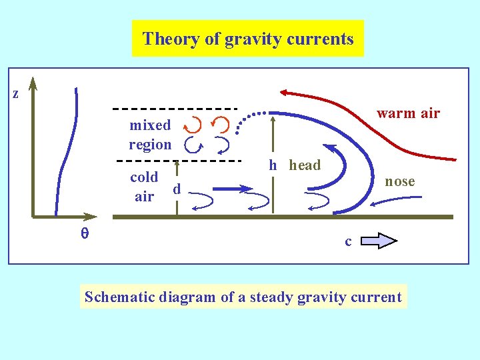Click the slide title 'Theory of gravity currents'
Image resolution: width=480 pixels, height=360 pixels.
[x=248, y=39]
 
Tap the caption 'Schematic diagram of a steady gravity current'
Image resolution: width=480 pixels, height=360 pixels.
[x=243, y=297]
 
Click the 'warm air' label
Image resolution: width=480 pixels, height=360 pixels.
[x=408, y=113]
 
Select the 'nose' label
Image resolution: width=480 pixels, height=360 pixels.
[x=400, y=181]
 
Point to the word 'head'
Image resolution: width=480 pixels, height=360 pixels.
[x=305, y=165]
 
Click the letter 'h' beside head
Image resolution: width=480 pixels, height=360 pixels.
[x=273, y=165]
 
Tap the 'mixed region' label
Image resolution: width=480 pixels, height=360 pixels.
[x=150, y=135]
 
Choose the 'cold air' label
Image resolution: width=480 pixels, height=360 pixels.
[x=144, y=187]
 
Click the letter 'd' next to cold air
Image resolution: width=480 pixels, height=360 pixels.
[x=177, y=189]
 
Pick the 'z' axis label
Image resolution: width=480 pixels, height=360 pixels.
[x=15, y=94]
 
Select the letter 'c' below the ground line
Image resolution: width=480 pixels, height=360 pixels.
[x=348, y=241]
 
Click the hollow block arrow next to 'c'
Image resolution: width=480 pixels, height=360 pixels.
[x=379, y=240]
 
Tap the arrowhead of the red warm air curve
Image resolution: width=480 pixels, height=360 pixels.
[x=285, y=93]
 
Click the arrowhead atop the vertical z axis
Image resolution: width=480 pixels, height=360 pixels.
[x=33, y=84]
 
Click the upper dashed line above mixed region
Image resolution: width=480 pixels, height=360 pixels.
[x=175, y=108]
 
